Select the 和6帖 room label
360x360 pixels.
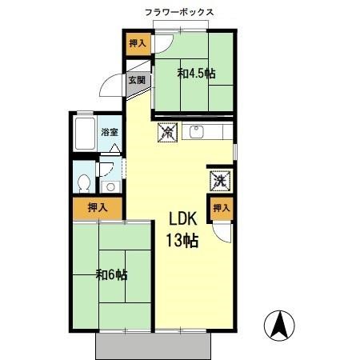[112, 275]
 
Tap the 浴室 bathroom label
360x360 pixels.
[110, 133]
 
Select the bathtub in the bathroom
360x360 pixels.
[85, 134]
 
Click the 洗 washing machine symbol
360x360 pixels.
[220, 181]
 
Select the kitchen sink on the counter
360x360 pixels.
[197, 133]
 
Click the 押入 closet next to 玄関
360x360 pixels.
[138, 44]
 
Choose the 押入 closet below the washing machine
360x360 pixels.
[221, 209]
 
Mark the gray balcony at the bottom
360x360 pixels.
[156, 345]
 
